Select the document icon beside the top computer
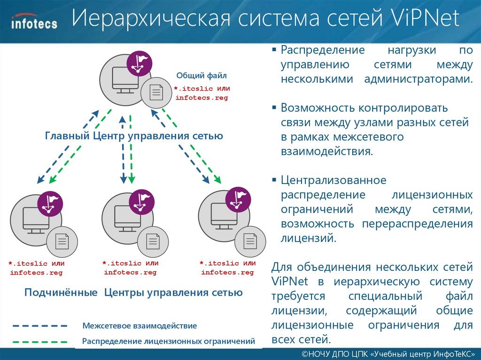point(156,92)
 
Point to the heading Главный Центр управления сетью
point(134,136)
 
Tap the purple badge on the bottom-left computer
point(50,204)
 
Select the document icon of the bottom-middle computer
point(153,241)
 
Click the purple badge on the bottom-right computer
point(238,199)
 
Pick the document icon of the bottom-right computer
point(250,241)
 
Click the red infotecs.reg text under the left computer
point(36,273)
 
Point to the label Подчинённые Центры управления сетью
point(133,293)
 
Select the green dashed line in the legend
point(40,341)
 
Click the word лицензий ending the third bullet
point(308,238)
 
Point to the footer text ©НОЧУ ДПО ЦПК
point(334,353)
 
